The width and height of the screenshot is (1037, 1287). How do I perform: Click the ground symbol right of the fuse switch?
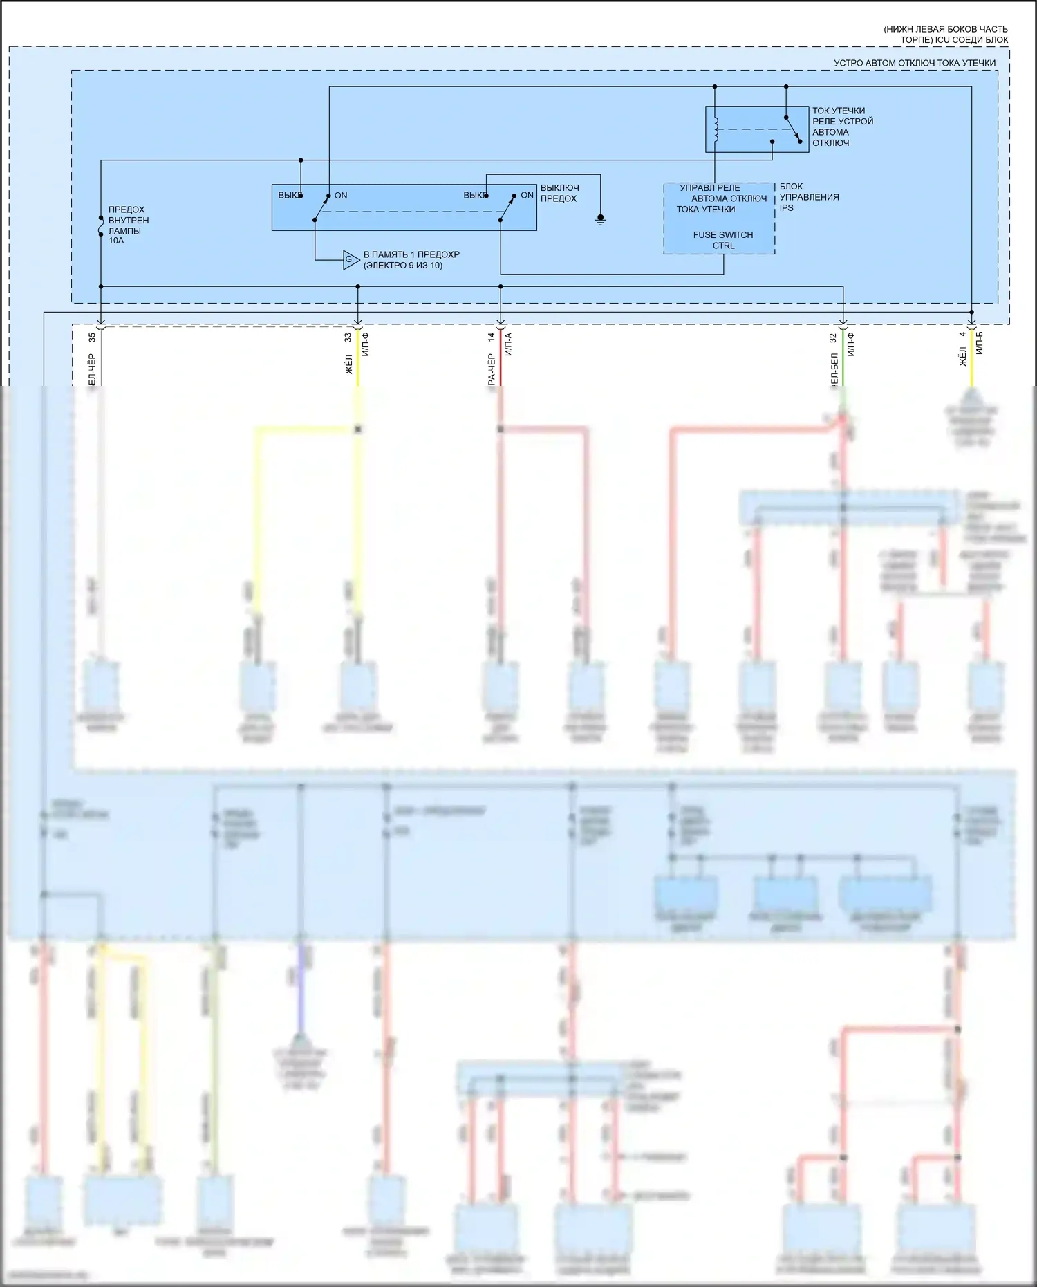click(601, 220)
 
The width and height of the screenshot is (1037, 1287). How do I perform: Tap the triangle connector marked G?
click(351, 260)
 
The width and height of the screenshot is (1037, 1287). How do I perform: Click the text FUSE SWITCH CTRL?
click(723, 240)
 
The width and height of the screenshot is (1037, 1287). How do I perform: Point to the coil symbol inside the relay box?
click(716, 128)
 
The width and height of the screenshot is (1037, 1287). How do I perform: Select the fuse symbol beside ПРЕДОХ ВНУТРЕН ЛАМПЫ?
click(101, 225)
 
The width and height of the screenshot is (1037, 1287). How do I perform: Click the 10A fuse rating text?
click(116, 241)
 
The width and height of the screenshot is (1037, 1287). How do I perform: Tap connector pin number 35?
click(92, 338)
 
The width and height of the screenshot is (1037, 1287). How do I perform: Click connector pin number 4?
click(962, 335)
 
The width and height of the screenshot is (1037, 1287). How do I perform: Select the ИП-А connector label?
click(508, 344)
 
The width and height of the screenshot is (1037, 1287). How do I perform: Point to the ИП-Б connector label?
click(979, 343)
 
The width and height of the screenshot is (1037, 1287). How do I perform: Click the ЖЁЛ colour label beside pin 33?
click(348, 364)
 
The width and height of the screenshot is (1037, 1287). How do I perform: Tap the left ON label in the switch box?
click(341, 196)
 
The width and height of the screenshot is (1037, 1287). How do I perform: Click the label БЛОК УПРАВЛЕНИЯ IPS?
click(809, 197)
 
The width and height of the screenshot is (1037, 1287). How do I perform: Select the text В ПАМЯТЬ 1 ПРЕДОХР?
click(411, 254)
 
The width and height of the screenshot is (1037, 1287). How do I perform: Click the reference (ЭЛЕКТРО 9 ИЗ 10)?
click(403, 266)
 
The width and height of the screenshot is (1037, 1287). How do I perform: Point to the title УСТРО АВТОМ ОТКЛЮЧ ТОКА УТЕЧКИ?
click(914, 63)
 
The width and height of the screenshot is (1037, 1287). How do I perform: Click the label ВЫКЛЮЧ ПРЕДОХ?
click(559, 193)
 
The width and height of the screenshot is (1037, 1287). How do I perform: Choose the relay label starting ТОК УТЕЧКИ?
click(842, 127)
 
